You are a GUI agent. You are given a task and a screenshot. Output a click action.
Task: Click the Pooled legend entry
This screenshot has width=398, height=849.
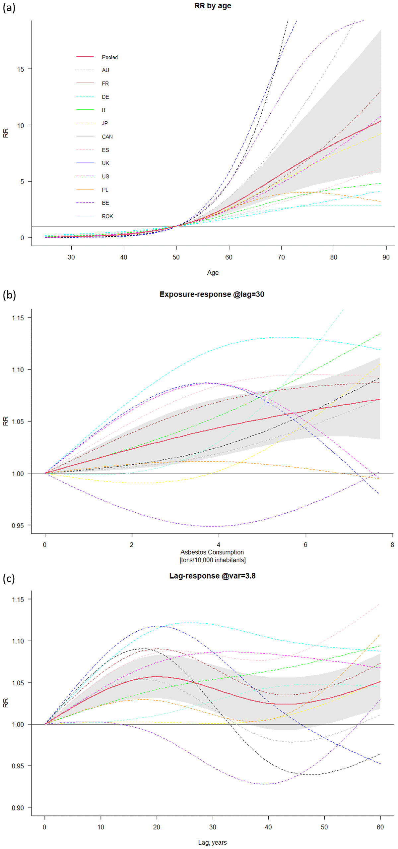[109, 57]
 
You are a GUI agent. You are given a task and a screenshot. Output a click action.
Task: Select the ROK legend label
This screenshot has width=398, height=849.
[107, 216]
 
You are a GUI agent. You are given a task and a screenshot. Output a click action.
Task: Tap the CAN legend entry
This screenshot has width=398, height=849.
[107, 137]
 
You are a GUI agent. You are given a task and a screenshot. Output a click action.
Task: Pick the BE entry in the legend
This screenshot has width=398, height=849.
[105, 203]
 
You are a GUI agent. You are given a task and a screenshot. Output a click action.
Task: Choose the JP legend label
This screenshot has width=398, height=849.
[105, 123]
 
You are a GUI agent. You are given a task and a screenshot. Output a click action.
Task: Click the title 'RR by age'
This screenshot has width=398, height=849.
[213, 6]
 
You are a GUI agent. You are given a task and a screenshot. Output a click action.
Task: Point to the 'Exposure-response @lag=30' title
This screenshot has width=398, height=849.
[212, 294]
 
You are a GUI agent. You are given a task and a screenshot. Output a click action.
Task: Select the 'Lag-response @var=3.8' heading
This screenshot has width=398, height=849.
[212, 576]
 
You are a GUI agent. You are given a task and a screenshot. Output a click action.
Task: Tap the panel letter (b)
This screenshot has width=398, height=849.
[9, 295]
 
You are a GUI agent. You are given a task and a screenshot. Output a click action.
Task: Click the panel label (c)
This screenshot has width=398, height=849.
[9, 578]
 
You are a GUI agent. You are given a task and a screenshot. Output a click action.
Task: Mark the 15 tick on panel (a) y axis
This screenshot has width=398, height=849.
[21, 69]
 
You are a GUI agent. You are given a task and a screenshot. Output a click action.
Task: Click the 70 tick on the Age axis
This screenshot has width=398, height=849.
[281, 257]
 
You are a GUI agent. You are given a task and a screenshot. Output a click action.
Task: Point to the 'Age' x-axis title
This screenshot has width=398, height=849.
[213, 273]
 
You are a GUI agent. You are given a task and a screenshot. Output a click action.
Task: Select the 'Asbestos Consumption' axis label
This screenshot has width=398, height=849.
[212, 552]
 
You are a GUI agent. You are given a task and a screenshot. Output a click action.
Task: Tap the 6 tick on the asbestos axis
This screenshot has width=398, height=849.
[305, 545]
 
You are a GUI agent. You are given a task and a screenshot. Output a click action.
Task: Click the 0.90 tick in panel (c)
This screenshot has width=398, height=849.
[18, 808]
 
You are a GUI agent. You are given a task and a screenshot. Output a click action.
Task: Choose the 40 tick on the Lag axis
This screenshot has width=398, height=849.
[268, 827]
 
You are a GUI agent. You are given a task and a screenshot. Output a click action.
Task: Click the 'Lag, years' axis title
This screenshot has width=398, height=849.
[212, 842]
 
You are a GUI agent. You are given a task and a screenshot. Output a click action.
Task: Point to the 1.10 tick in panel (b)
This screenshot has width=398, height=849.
[18, 370]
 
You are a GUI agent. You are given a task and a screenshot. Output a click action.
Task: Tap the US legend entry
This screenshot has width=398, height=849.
[105, 177]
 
